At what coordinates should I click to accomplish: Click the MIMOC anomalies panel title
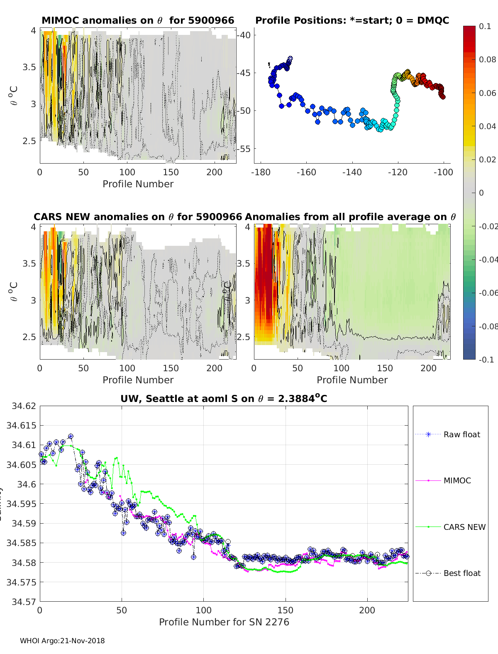coord(138,20)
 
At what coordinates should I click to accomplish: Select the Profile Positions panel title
coord(352,20)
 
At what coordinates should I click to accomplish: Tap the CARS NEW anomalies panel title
coord(138,217)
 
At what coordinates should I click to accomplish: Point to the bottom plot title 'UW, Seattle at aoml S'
coord(224,399)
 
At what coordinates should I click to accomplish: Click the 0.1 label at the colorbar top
coord(485,26)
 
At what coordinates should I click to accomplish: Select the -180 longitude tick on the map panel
coord(261,172)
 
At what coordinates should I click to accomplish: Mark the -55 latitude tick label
coord(244,149)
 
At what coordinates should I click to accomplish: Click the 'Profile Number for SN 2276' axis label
coord(224,622)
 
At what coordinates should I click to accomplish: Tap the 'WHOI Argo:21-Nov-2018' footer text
coord(62,641)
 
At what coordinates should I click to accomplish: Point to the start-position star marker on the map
coord(290,59)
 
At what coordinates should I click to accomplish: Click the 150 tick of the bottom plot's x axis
coord(285,610)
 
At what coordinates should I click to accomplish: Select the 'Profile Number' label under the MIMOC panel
coord(138,184)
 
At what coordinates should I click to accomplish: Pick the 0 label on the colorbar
coord(481,193)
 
